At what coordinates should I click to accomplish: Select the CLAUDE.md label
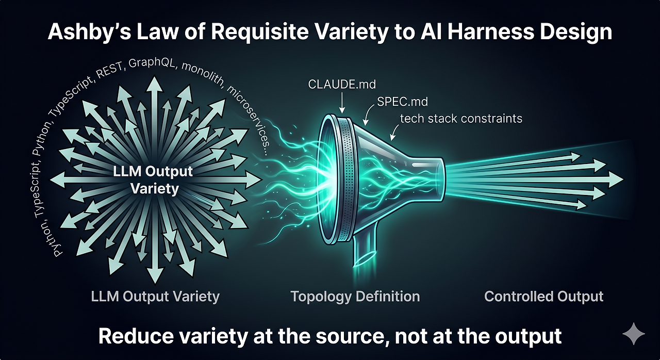[x=342, y=85]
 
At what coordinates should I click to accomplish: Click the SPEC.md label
[x=403, y=102]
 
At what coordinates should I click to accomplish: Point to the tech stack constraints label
[x=461, y=119]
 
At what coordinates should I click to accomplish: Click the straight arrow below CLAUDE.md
[x=342, y=103]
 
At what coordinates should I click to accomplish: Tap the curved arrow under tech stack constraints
[x=394, y=132]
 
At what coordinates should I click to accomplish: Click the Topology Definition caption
[x=355, y=297]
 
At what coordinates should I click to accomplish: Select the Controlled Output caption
[x=543, y=297]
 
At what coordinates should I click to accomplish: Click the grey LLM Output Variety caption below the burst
[x=155, y=297]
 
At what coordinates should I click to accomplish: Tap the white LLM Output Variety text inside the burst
[x=153, y=180]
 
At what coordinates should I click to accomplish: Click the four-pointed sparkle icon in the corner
[x=634, y=334]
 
